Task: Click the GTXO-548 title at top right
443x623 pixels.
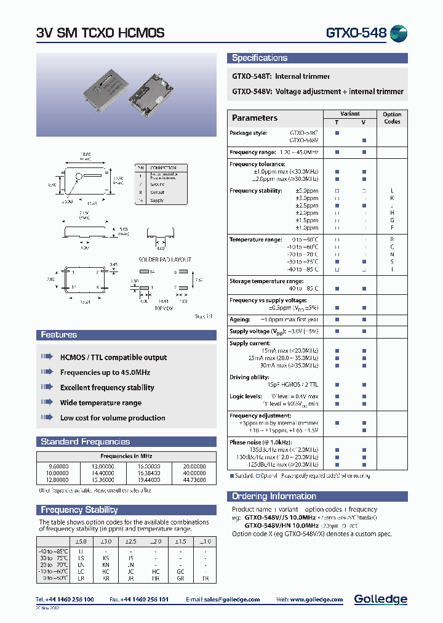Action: coord(355,33)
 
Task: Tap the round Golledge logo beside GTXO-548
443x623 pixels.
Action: coord(399,33)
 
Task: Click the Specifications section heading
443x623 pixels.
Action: coord(260,58)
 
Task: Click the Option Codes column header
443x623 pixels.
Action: coord(392,118)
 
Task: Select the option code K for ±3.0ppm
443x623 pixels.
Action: coord(392,198)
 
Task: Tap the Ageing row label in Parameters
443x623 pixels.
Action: coord(240,320)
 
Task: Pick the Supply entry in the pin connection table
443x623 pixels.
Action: coord(157,201)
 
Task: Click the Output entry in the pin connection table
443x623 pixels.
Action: coord(157,192)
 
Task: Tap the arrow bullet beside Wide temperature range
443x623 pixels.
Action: coord(47,403)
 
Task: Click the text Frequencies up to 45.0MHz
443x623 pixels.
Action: coord(105,372)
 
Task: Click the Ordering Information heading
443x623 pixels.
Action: coord(274,496)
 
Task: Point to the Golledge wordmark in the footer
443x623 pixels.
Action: coord(380,599)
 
